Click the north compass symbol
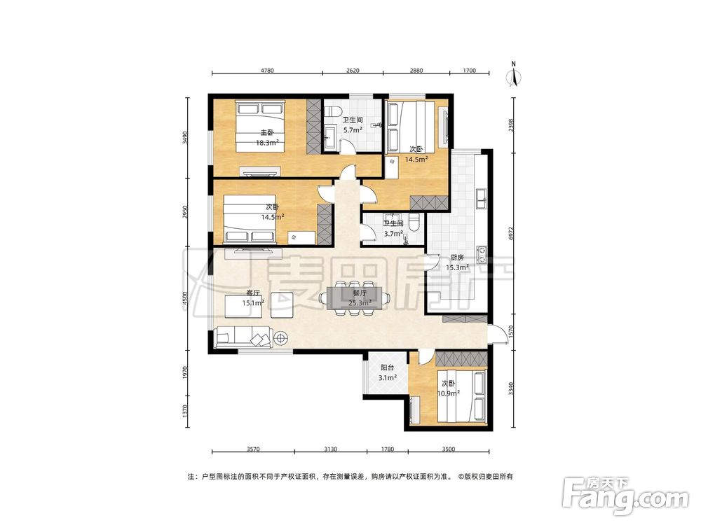point(514,74)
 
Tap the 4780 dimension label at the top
point(267,69)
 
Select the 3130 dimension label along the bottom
point(330,449)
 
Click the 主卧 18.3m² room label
point(267,137)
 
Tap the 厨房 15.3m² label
point(457,262)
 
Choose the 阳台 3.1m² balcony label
point(387,373)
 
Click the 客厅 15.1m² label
point(253,298)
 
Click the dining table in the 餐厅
point(354,298)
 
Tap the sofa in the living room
point(244,338)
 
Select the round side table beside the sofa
point(281,338)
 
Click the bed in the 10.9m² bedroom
point(462,396)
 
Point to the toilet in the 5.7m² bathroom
point(333,111)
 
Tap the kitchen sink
point(482,199)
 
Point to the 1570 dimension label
point(512,332)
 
